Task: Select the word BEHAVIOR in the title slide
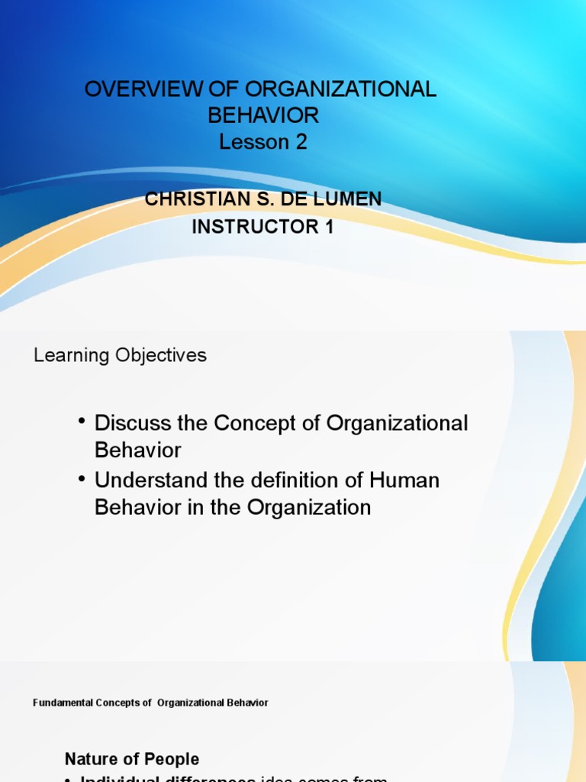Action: (x=262, y=115)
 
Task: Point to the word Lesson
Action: (x=251, y=142)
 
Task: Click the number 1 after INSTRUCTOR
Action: (x=329, y=228)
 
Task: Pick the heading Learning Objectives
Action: (x=120, y=355)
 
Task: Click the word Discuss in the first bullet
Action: (x=130, y=423)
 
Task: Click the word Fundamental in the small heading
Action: (x=60, y=703)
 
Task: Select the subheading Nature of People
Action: (x=132, y=759)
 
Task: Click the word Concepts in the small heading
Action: (x=116, y=703)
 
